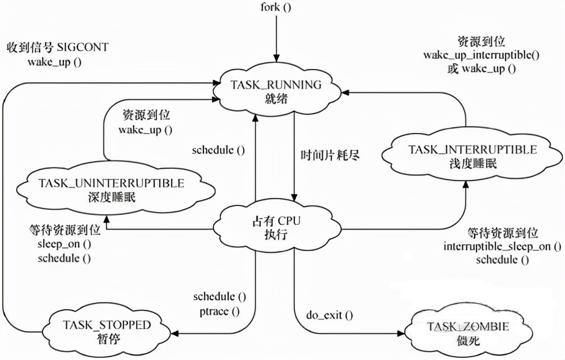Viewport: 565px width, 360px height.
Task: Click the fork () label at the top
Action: point(276,8)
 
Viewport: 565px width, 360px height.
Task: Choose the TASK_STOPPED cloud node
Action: point(106,331)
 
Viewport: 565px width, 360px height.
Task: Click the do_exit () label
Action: point(330,315)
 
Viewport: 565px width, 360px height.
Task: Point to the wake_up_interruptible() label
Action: point(480,56)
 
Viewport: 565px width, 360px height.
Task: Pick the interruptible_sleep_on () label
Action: point(502,247)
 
